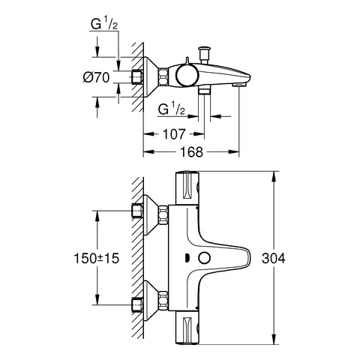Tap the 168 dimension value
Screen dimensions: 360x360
point(192,151)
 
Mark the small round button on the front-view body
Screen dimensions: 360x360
point(204,259)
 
